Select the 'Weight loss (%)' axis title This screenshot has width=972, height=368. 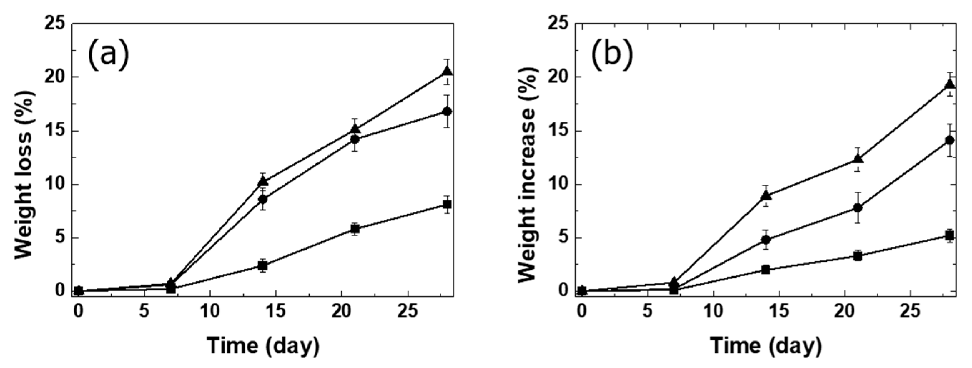[25, 175]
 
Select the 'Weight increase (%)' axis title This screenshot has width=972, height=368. [528, 175]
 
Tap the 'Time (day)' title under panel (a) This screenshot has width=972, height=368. [263, 345]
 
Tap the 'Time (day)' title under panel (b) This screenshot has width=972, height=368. [766, 345]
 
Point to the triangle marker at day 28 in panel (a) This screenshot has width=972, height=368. [447, 71]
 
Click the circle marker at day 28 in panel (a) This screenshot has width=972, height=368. [447, 111]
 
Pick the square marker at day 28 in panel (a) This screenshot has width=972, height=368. [447, 205]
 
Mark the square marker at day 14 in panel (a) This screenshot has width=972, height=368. [263, 265]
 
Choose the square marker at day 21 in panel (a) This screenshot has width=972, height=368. [355, 229]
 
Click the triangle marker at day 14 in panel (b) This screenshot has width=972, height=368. [766, 195]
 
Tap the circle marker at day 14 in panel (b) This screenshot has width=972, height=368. [766, 240]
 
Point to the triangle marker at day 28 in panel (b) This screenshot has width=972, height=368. [950, 84]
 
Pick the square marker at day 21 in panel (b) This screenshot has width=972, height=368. [857, 256]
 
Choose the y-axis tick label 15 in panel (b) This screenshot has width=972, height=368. [559, 131]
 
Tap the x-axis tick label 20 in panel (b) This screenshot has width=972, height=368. [844, 312]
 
